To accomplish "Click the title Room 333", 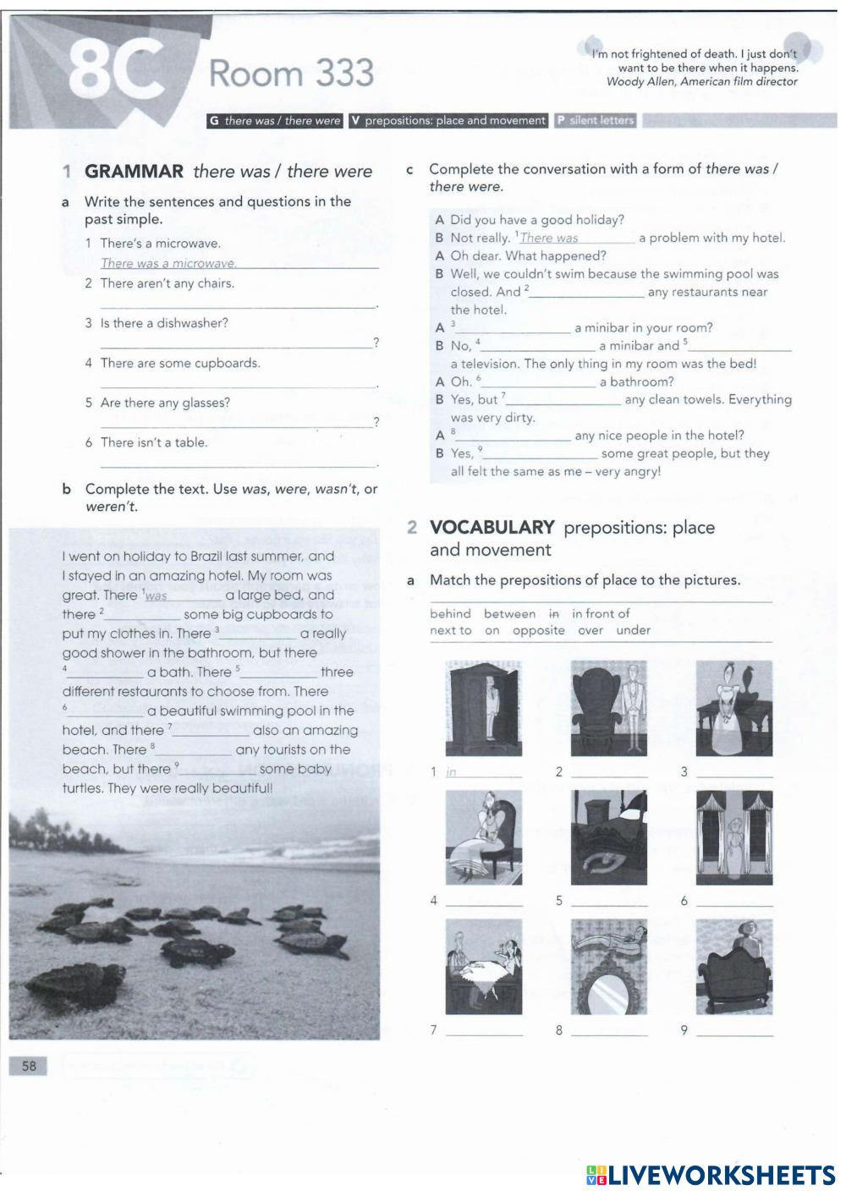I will [x=290, y=74].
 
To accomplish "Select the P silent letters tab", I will [x=596, y=121].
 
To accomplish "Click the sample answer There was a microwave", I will [x=168, y=264].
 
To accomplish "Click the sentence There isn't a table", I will [x=153, y=442].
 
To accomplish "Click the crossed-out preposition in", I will [x=554, y=614].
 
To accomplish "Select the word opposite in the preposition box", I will [x=538, y=631].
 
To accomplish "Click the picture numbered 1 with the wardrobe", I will [x=483, y=709].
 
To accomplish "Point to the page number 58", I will [x=30, y=1066].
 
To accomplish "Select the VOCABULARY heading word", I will [x=492, y=528].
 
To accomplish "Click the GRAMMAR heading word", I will [x=134, y=172].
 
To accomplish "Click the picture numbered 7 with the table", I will [x=483, y=967].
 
